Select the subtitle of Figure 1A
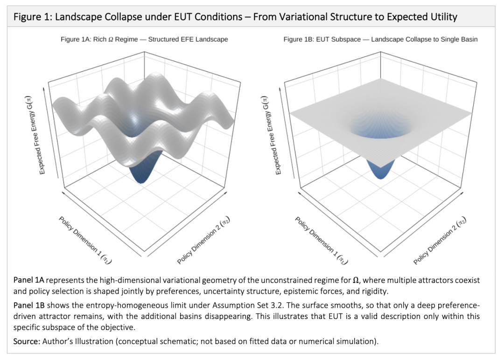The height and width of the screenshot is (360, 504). coord(144,40)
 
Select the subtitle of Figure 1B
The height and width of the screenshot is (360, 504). coord(380,40)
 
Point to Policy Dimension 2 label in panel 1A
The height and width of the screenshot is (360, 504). coord(204,240)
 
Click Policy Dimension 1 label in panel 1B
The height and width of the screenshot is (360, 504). coord(322,241)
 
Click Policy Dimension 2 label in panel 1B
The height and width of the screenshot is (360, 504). coord(440,240)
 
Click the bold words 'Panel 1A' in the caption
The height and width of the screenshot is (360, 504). coord(29,281)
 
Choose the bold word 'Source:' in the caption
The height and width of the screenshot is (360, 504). coord(26,341)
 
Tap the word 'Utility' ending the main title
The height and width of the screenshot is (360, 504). coord(443,17)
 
